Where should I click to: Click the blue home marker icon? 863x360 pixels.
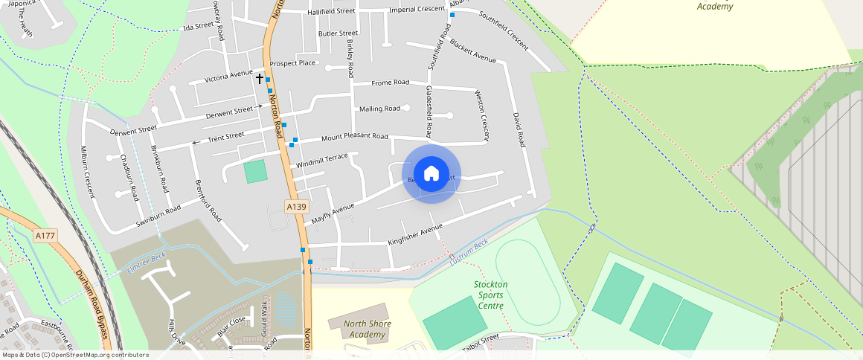pyautogui.click(x=431, y=174)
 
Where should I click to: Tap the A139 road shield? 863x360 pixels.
pyautogui.click(x=296, y=205)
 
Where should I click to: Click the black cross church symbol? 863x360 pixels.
pyautogui.click(x=260, y=78)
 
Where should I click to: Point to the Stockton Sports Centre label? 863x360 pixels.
pyautogui.click(x=491, y=295)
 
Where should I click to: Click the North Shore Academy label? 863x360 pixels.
pyautogui.click(x=368, y=329)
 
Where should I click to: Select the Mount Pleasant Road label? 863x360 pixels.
pyautogui.click(x=355, y=138)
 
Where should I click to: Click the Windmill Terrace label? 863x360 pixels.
pyautogui.click(x=321, y=160)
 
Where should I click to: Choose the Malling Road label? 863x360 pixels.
pyautogui.click(x=379, y=109)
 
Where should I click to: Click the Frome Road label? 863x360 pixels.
pyautogui.click(x=391, y=83)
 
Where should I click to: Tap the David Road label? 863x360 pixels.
pyautogui.click(x=519, y=129)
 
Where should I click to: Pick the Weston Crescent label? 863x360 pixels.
pyautogui.click(x=481, y=116)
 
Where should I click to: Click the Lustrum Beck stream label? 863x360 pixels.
pyautogui.click(x=469, y=250)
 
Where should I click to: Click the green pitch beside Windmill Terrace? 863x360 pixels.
pyautogui.click(x=255, y=171)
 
